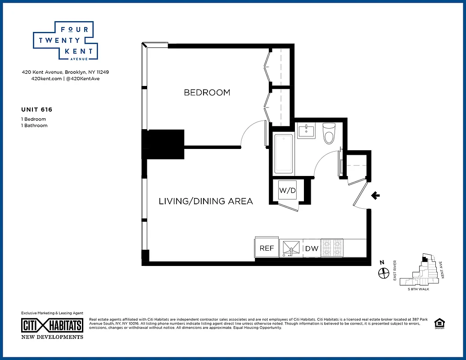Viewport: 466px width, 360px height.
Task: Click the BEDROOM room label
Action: (207, 93)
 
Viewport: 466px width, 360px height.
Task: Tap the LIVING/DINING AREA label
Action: (206, 201)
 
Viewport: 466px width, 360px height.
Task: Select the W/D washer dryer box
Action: (287, 190)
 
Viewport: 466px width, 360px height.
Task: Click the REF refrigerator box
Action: (267, 248)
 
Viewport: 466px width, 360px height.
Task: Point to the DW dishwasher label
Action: (312, 248)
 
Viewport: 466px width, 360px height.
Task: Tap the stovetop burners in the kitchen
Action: (332, 248)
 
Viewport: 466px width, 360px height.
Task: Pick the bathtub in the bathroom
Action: (284, 153)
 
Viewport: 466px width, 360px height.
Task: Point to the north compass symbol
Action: (383, 272)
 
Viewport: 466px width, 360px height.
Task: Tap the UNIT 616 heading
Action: (37, 109)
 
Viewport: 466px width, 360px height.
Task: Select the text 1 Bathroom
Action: (34, 126)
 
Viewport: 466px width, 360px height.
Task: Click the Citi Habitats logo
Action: (52, 325)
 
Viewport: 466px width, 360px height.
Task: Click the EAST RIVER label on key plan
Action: (395, 270)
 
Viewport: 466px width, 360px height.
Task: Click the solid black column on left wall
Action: (163, 144)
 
